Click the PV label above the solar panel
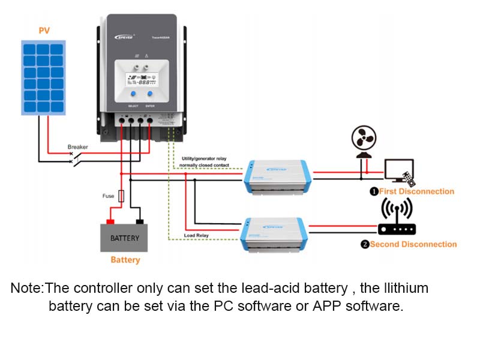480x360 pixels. [x=44, y=31]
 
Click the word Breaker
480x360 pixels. [x=78, y=146]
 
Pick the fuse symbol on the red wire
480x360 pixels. [x=122, y=196]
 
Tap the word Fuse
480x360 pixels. [x=108, y=196]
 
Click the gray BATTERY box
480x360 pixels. [x=125, y=238]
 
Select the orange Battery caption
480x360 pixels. [x=125, y=260]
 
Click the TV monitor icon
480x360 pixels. [x=399, y=171]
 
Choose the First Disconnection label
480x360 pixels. [x=416, y=191]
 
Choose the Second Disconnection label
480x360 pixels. [x=413, y=244]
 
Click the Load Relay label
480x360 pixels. [x=196, y=235]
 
